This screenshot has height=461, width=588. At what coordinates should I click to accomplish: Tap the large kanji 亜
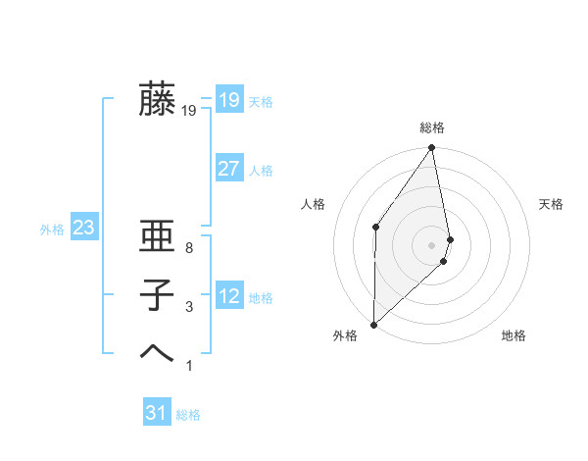point(157,238)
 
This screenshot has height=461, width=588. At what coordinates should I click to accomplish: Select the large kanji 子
point(157,295)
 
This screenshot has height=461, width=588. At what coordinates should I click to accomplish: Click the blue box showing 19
point(228,99)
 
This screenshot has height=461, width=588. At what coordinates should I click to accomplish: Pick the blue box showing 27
point(228,169)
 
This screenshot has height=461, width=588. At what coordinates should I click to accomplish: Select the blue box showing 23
point(83,229)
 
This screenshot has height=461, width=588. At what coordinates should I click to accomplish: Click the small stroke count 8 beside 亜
point(188,249)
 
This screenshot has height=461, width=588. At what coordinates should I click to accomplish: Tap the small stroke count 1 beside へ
point(188,366)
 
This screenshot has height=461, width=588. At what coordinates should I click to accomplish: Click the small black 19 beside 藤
point(188,111)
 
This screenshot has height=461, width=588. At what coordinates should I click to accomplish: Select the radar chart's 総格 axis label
point(432,128)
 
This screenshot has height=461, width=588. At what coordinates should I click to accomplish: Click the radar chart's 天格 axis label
point(551,204)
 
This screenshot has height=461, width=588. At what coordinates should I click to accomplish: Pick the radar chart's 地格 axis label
point(514,335)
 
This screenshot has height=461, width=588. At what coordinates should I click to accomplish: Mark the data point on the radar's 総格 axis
point(432,148)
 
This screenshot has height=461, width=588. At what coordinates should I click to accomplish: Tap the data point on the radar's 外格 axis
point(373,325)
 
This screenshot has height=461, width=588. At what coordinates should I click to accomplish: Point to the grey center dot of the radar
point(432,244)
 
